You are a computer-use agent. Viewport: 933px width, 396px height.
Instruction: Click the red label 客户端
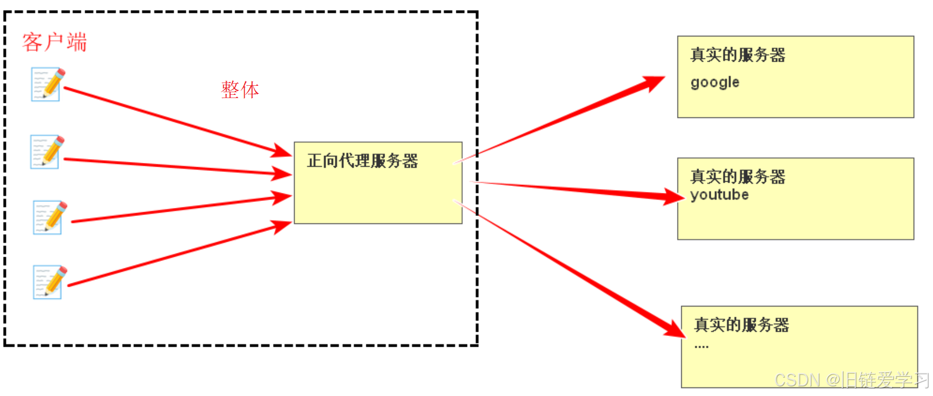coord(54,42)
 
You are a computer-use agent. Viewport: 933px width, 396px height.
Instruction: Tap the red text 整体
coord(240,89)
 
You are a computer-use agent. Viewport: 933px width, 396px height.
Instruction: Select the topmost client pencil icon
coord(48,84)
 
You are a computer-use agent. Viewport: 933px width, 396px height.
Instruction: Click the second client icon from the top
coord(47,152)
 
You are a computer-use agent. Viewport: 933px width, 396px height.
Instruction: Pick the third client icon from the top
coord(50,218)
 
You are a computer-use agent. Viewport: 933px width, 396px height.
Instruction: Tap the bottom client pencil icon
coord(50,282)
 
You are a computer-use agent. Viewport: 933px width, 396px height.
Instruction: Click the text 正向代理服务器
coord(362,161)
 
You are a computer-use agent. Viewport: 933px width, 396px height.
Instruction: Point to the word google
coord(714,83)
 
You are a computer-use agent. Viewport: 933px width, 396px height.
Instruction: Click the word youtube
coord(719,195)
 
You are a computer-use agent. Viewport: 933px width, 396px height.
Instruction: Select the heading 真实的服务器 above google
coord(738,55)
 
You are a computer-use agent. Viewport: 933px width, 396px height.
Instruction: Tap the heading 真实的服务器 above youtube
coord(738,176)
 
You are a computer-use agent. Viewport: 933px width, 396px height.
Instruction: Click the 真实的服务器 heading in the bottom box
coord(741,325)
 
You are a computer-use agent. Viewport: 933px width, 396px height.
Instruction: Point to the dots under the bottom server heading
coord(701,347)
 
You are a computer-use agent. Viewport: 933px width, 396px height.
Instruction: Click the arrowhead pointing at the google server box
coord(654,83)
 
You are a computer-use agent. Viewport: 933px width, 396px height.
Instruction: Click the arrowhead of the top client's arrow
coord(282,151)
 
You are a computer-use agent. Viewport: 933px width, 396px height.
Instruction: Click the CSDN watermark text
coord(851,380)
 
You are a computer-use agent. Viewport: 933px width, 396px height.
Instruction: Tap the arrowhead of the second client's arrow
coord(282,174)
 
